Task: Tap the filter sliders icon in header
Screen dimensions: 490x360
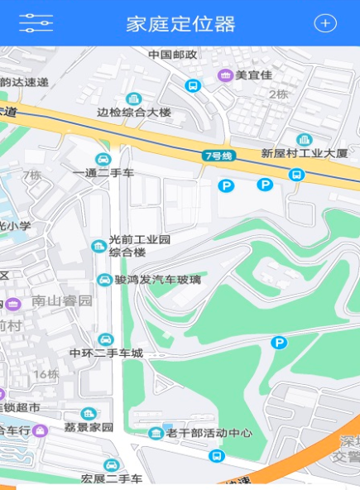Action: [36, 23]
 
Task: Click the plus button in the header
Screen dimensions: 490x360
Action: [325, 23]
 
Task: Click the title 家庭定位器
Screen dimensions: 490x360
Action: [180, 23]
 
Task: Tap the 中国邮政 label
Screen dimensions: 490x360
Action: [173, 55]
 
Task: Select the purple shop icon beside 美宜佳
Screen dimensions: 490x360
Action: [224, 75]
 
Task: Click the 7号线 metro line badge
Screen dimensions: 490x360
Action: [219, 156]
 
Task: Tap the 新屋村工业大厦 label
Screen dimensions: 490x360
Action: [304, 153]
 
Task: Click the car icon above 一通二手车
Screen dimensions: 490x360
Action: [103, 159]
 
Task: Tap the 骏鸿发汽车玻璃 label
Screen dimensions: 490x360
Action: [157, 280]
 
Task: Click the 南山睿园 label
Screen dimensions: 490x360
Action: [61, 300]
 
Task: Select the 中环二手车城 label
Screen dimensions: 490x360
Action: [106, 353]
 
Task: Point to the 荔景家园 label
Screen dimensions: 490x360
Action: [89, 427]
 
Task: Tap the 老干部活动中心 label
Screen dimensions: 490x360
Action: [208, 432]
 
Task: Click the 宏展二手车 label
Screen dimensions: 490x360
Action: [112, 478]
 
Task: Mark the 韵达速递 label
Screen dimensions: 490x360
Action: [24, 82]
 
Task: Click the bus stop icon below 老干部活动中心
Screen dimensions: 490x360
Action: [216, 456]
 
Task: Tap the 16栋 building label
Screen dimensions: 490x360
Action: [46, 374]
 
